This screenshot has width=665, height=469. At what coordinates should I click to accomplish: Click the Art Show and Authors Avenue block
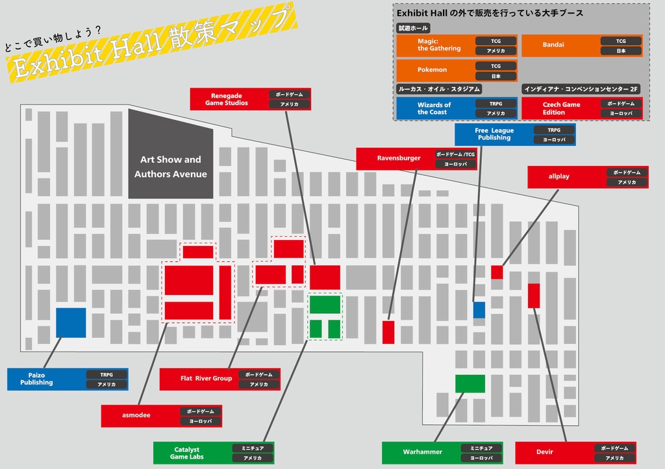(171, 167)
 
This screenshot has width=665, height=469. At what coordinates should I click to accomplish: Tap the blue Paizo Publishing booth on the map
(71, 322)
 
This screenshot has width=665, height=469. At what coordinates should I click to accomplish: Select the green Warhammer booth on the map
(470, 383)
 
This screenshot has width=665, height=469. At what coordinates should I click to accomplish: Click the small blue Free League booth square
(479, 309)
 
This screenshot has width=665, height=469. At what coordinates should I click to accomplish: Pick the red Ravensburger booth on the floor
(388, 331)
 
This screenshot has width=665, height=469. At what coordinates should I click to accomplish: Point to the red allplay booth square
(497, 272)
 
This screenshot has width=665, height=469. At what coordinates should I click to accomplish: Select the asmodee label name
(136, 415)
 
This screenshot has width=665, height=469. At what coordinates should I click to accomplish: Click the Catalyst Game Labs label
(187, 453)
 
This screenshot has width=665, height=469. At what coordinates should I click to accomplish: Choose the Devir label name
(545, 452)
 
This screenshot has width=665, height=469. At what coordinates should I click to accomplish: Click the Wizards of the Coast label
(434, 108)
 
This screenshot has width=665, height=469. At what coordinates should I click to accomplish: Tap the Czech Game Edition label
(561, 108)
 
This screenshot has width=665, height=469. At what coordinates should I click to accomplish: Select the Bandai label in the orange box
(553, 45)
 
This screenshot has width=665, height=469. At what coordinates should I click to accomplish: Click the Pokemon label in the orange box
(432, 69)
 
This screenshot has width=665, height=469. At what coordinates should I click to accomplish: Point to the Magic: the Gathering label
(439, 45)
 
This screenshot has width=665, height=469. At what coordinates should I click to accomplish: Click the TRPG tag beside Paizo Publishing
(107, 374)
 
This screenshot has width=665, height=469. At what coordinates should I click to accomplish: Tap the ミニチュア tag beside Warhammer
(481, 448)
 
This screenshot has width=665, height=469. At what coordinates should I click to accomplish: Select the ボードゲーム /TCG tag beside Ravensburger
(455, 154)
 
